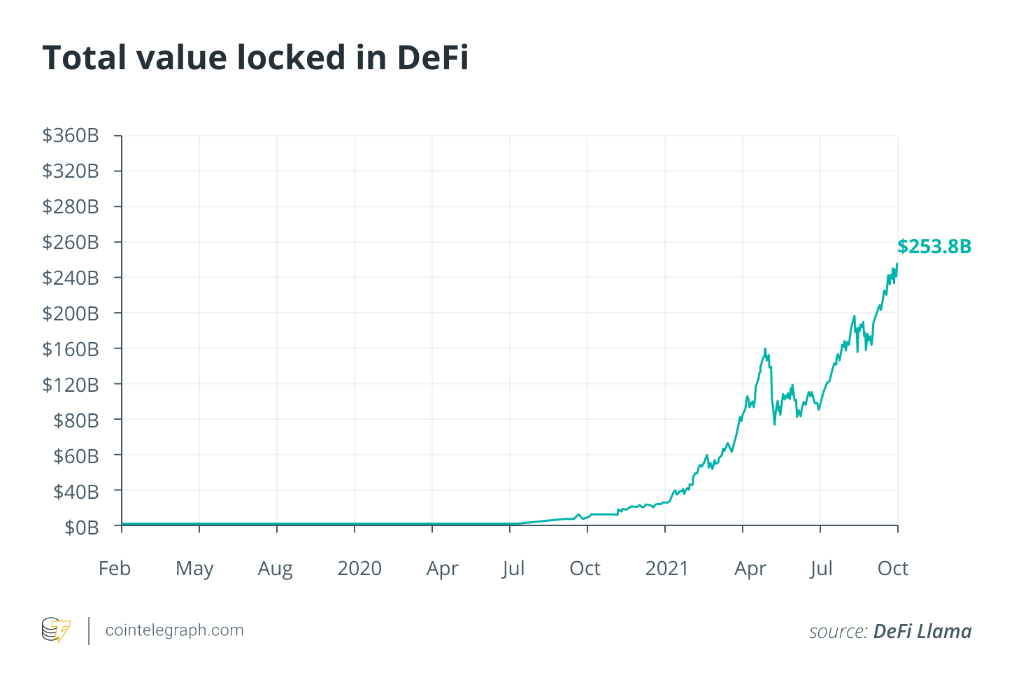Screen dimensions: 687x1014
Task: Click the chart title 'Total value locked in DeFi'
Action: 255,57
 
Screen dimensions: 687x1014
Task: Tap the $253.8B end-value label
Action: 934,247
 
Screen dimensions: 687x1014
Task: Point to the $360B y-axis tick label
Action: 71,136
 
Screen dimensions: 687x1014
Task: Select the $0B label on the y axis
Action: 81,527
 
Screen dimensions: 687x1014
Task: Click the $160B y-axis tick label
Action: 71,349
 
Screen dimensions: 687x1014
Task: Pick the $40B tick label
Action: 76,492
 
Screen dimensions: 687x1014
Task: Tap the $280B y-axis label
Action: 71,207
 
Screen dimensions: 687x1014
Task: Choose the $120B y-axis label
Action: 71,385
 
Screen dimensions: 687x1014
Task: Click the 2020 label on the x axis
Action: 359,568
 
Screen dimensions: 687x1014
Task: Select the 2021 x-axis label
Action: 666,568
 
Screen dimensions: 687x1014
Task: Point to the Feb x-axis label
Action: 115,568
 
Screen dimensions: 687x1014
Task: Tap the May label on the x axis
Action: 194,569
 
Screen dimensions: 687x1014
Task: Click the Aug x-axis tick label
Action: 275,569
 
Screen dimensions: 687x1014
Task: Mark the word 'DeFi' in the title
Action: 433,57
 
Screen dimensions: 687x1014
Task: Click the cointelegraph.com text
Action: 174,630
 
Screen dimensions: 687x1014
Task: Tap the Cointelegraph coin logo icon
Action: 56,630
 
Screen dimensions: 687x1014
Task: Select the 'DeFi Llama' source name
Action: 922,632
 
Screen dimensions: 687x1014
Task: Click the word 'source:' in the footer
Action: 838,632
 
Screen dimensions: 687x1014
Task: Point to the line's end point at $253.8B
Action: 897,264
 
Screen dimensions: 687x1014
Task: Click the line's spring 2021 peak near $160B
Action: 765,348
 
